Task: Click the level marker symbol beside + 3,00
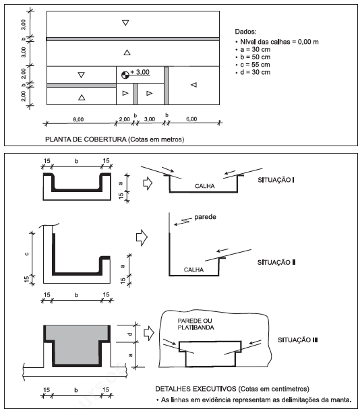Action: [125, 75]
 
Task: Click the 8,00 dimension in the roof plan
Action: [78, 119]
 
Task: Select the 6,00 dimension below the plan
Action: [191, 119]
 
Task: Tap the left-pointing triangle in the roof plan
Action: [193, 85]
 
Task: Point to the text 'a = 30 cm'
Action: [255, 50]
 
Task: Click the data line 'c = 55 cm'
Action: [255, 65]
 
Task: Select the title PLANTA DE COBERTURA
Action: [86, 139]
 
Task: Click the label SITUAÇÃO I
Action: [276, 180]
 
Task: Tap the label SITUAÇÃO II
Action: [276, 262]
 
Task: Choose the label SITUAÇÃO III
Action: [297, 340]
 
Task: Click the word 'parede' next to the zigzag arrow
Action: [205, 217]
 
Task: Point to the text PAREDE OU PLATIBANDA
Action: [196, 324]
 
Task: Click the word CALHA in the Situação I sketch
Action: [204, 186]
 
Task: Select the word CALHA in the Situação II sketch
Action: [193, 270]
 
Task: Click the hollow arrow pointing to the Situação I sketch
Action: [148, 183]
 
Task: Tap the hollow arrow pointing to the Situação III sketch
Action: [149, 333]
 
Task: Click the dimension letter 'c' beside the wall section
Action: [26, 254]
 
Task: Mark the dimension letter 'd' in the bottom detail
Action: [130, 334]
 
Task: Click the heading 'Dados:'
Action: [245, 32]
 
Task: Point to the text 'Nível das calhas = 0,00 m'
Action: [279, 42]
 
